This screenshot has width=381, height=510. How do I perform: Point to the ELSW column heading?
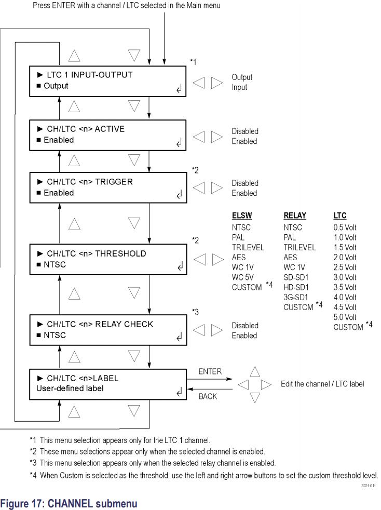coord(243,216)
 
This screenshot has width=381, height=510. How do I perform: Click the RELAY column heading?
coord(295,216)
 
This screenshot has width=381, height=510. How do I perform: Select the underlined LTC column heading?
coord(340,216)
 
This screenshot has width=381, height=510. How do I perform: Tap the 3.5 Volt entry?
coord(345,287)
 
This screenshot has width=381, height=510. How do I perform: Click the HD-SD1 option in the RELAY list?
coord(297,287)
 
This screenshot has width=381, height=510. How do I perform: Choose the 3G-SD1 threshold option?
coord(297,297)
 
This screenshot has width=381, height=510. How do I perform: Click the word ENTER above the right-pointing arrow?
coord(210,372)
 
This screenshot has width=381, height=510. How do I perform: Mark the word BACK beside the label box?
coord(208,397)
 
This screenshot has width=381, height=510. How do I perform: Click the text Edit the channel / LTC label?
coord(322,384)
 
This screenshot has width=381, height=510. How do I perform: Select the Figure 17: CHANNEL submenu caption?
coord(69,502)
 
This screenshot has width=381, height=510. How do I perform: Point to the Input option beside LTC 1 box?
coord(239,87)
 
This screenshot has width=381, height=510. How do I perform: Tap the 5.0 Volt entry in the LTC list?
coord(345,317)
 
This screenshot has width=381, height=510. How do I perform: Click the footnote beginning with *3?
coord(153,463)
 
